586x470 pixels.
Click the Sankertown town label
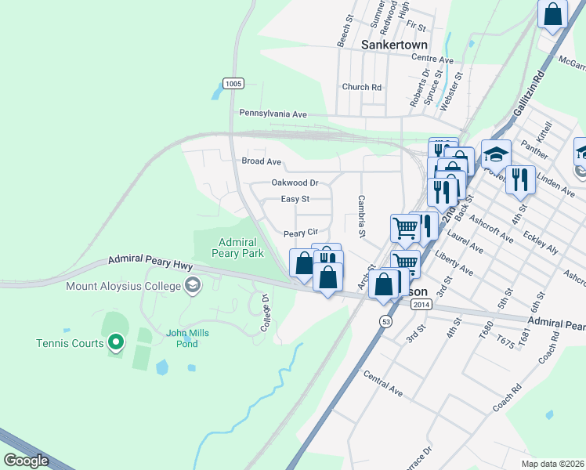pos(394,45)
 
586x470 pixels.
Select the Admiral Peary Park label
pos(238,247)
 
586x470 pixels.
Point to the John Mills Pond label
pos(187,338)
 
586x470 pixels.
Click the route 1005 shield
pos(233,84)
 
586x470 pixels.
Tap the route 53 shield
pos(385,321)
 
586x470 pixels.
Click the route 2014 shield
pos(421,304)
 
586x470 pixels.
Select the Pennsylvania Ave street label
pos(273,114)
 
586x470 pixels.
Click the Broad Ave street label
pos(261,161)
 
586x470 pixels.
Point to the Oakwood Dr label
pos(295,182)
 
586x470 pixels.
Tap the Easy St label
pos(295,199)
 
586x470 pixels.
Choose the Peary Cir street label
pos(301,233)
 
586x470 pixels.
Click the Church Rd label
pos(361,87)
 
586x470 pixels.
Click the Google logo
pos(26,460)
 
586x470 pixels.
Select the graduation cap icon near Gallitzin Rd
pos(496,153)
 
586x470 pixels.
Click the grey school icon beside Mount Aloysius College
pos(192,286)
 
